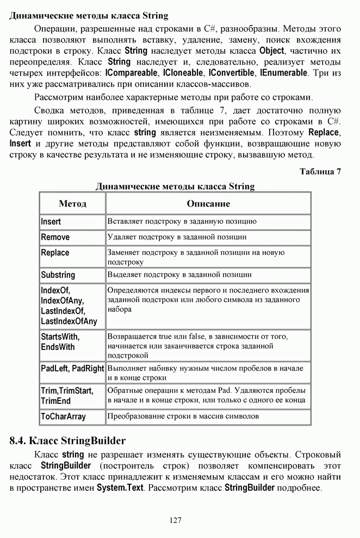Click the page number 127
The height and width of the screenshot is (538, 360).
tap(175, 520)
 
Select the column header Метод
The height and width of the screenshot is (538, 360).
tap(72, 204)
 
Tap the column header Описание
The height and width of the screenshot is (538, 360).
tap(208, 204)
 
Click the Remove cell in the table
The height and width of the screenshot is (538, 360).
tap(55, 237)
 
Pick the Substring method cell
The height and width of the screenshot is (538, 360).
tap(58, 275)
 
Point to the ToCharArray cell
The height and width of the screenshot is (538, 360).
tap(64, 416)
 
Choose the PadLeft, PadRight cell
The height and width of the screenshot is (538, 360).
tap(72, 368)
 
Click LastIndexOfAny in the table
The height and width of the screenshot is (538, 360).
tap(69, 321)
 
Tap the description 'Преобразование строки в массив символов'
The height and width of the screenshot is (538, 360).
tap(183, 416)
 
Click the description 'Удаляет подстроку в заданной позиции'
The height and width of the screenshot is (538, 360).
tap(177, 237)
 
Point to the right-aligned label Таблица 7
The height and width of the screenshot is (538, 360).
tap(320, 172)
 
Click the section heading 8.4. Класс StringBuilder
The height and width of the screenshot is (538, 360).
tap(68, 440)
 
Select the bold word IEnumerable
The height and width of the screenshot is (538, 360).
tap(284, 72)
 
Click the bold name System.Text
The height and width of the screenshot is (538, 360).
tap(120, 488)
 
